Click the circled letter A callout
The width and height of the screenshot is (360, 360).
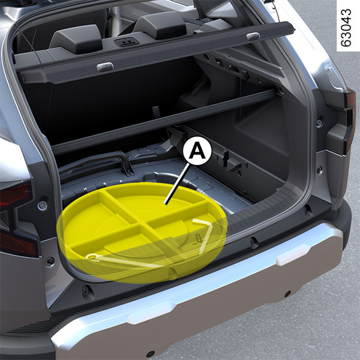(x=197, y=151)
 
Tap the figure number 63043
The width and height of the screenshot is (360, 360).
(x=346, y=28)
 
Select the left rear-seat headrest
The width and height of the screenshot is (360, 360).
(x=76, y=38)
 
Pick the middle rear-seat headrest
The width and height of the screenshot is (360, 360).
(x=160, y=25)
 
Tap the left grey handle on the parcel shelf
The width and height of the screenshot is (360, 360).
(x=105, y=67)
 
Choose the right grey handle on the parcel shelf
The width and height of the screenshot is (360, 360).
(x=253, y=36)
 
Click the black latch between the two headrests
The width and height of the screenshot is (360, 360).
(x=127, y=42)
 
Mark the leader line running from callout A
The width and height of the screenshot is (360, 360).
(x=177, y=184)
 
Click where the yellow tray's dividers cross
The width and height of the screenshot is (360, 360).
(x=143, y=222)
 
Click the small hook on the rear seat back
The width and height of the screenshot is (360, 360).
(x=156, y=112)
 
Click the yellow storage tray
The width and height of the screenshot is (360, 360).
(x=142, y=232)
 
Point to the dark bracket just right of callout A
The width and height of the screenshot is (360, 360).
(x=230, y=161)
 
